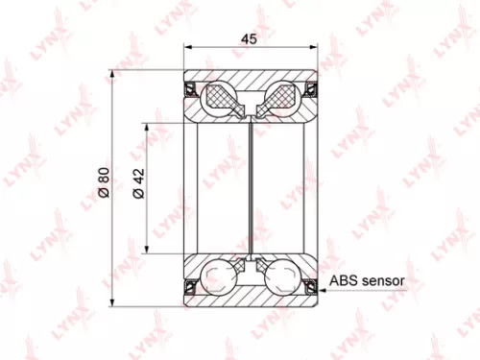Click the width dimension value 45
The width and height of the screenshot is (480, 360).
[250, 39]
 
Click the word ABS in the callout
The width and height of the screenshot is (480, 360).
[344, 282]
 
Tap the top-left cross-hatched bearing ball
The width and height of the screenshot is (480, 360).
[222, 96]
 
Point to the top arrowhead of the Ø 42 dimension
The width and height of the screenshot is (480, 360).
[147, 126]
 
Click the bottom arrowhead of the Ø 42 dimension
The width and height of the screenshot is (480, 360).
[147, 245]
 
